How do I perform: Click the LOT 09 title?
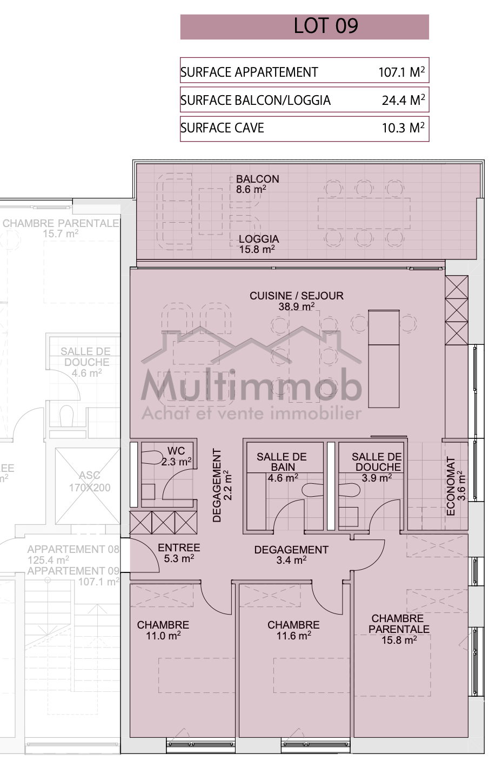[x=326, y=26]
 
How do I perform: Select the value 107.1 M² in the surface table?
[x=401, y=72]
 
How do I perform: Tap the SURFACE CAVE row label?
[x=222, y=128]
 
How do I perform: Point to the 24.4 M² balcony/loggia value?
[x=403, y=100]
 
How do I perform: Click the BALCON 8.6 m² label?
[x=258, y=184]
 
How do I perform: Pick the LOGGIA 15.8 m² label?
[x=258, y=244]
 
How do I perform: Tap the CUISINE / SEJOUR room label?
[x=297, y=301]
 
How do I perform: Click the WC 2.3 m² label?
[x=176, y=456]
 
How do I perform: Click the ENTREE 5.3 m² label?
[x=179, y=552]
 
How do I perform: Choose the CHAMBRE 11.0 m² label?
[x=163, y=630]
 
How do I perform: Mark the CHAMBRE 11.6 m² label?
[x=293, y=630]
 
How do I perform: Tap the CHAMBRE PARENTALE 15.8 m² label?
[x=399, y=629]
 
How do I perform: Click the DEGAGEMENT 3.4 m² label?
[x=291, y=555]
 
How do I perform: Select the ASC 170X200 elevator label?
[x=90, y=482]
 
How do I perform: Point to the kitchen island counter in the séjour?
[x=384, y=359]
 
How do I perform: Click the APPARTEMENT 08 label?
[x=73, y=549]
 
